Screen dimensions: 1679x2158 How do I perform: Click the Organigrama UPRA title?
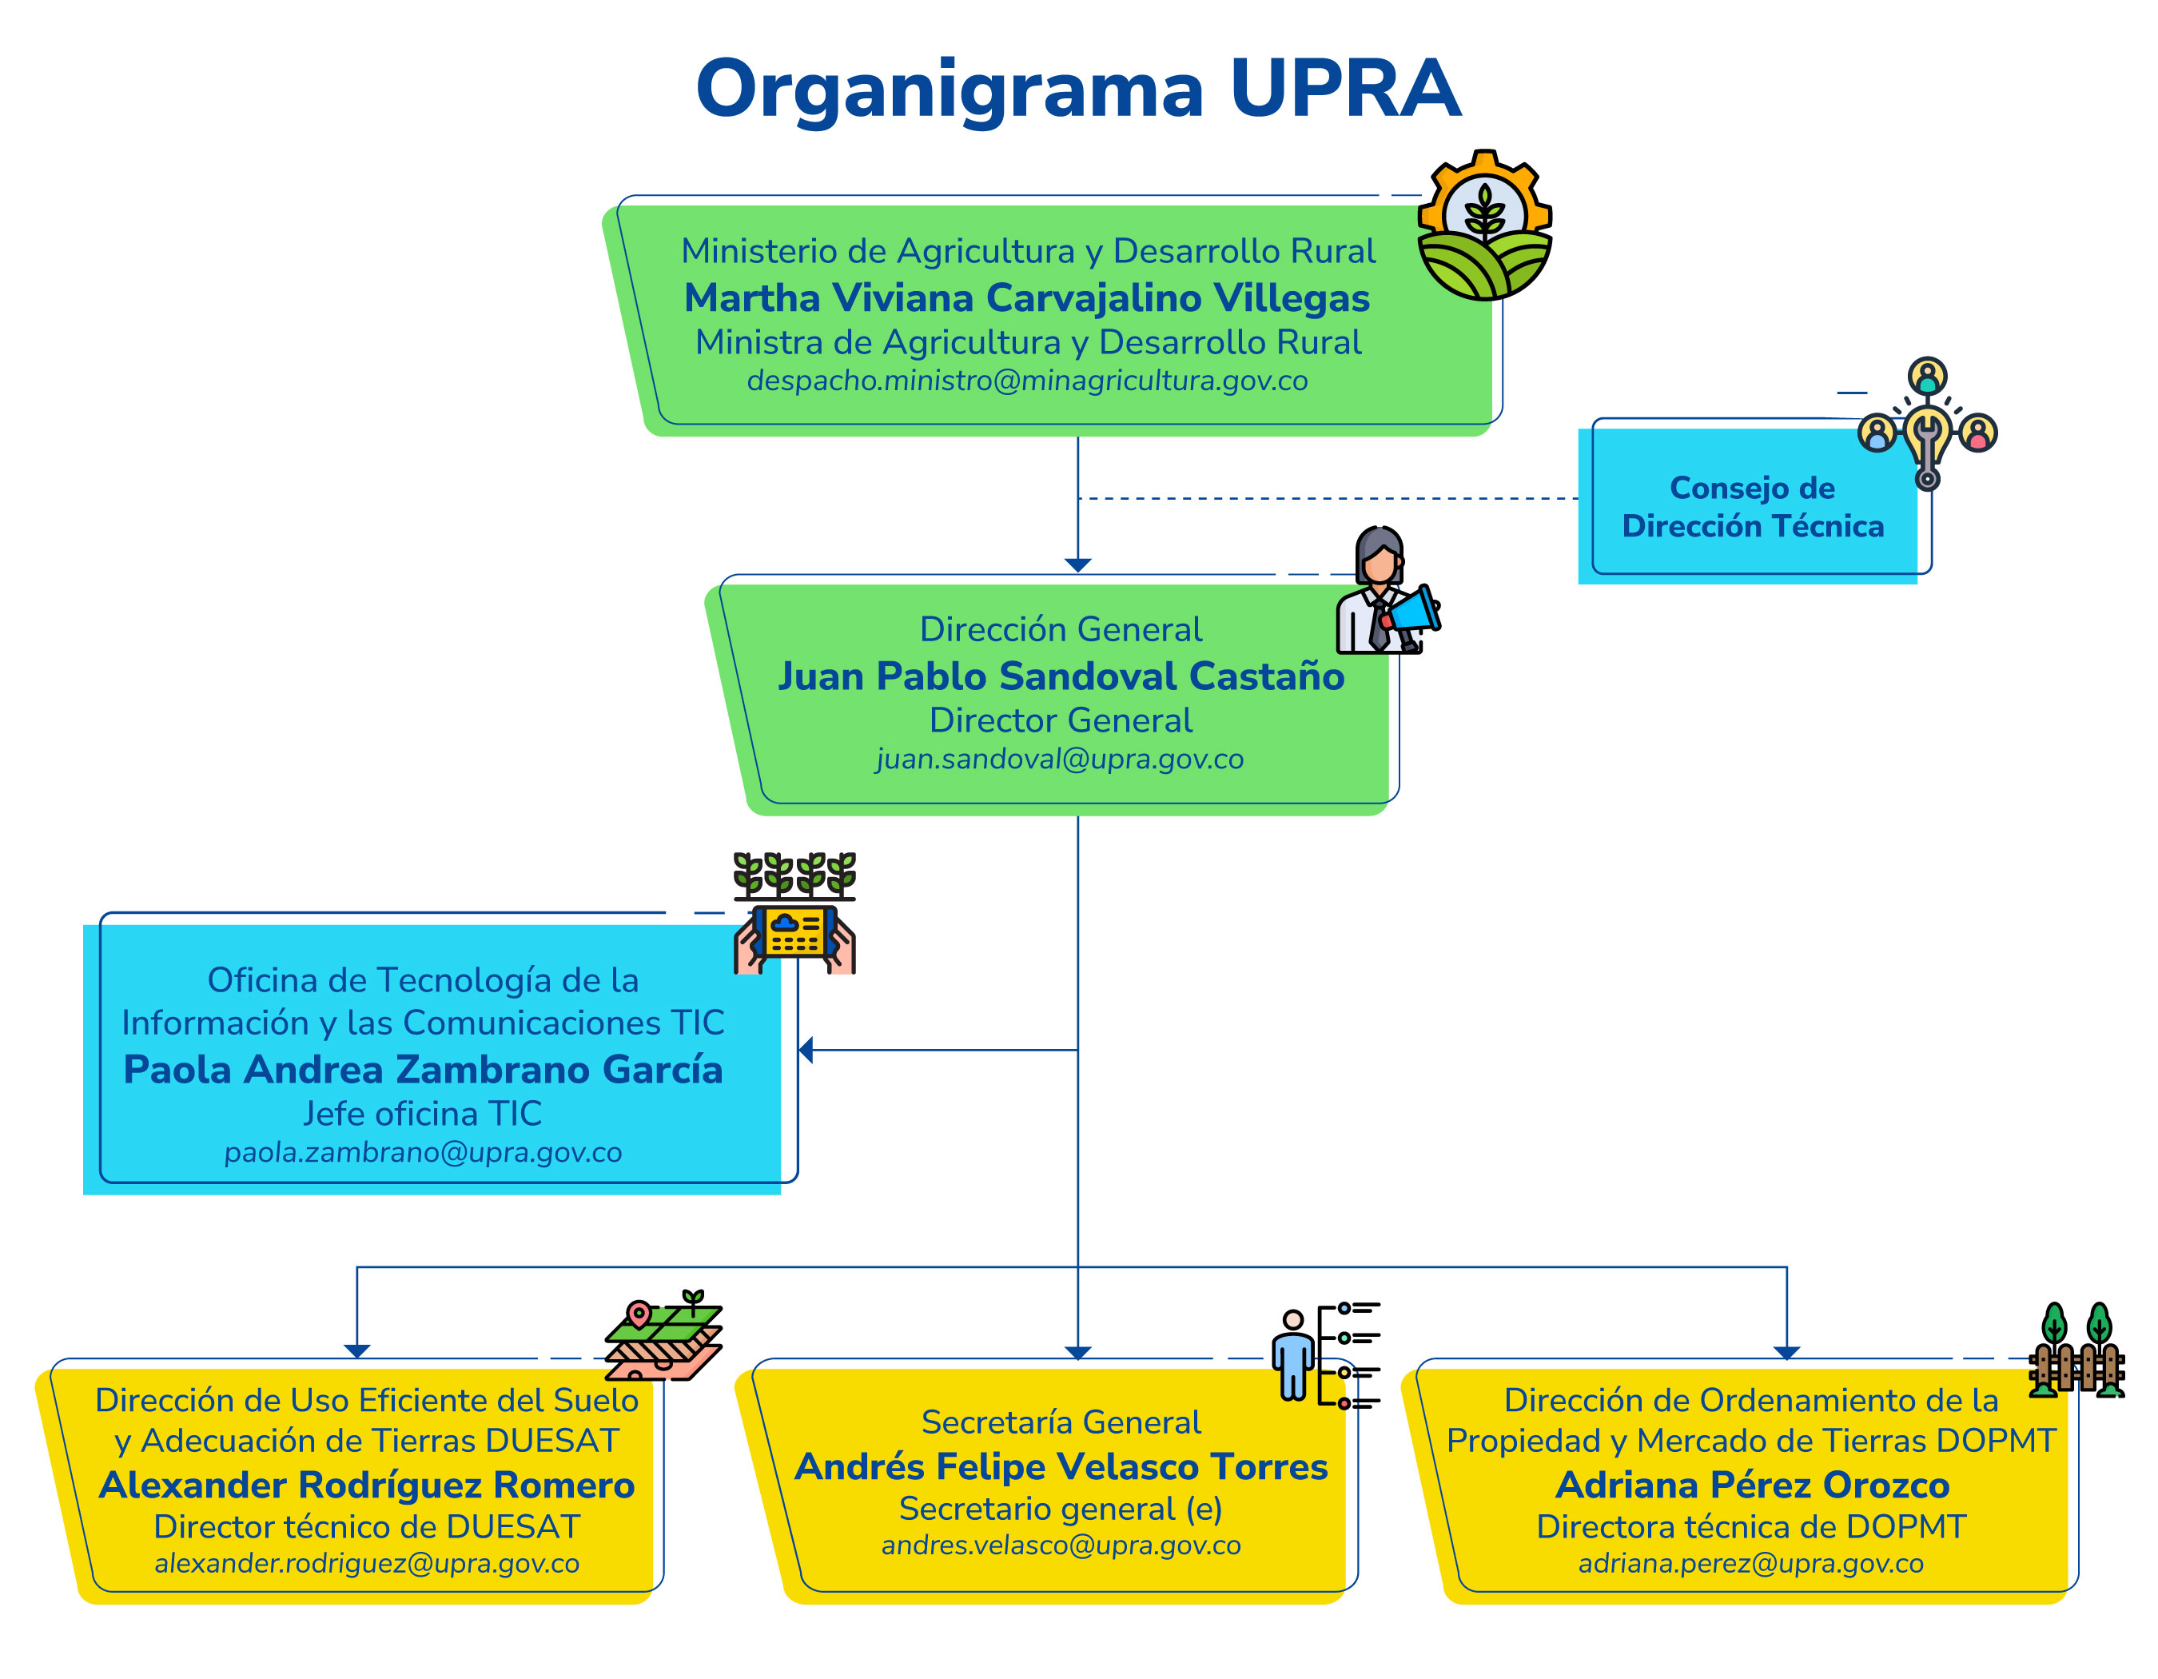[x=1078, y=89]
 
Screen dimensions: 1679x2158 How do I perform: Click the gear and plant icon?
[x=1484, y=225]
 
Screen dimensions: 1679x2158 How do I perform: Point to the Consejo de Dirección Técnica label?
[x=1752, y=507]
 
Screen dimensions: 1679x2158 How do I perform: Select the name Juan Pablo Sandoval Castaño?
[x=1061, y=676]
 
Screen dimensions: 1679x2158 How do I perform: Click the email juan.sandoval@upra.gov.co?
[x=1059, y=759]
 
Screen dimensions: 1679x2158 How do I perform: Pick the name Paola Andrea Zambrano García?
[x=423, y=1069]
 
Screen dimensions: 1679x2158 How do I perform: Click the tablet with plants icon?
[x=794, y=914]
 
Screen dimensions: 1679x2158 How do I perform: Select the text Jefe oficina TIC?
[x=423, y=1114]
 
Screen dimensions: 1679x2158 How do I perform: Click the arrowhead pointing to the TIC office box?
[x=806, y=1051]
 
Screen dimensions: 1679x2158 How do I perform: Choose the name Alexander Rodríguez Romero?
[x=367, y=1486]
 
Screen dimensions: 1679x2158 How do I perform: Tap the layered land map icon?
[x=664, y=1336]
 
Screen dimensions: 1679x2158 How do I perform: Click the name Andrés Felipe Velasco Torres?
[x=1061, y=1466]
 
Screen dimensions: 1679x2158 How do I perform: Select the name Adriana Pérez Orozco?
[x=1752, y=1486]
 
